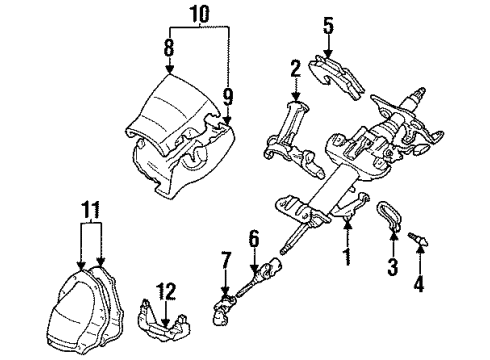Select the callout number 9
pos(229,97)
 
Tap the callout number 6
pos(253,239)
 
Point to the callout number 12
pos(167,292)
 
